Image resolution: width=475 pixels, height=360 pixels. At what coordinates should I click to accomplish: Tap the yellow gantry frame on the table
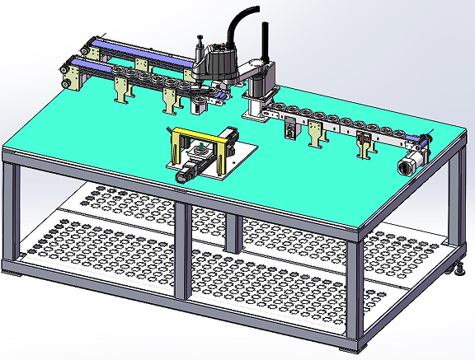click(x=202, y=135)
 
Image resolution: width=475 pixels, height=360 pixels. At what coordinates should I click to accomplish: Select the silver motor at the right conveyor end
click(x=407, y=163)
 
